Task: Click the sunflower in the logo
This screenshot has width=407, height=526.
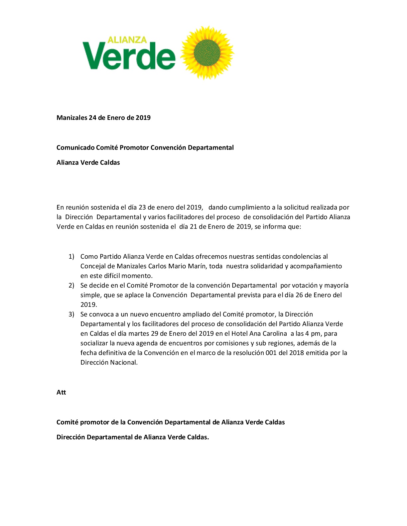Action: click(207, 53)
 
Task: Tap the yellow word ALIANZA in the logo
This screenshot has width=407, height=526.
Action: click(127, 40)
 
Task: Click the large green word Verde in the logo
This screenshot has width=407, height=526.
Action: click(129, 56)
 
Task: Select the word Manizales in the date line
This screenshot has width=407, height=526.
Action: click(71, 118)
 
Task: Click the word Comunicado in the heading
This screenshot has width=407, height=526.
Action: click(75, 147)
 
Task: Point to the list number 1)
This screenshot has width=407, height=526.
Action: click(71, 256)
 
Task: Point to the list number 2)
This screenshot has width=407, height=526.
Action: click(71, 285)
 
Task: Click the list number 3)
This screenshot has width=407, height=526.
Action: click(71, 314)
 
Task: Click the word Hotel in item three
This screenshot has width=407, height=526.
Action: click(239, 333)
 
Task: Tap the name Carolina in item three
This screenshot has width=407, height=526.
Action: click(275, 333)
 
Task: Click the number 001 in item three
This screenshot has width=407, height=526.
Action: click(271, 353)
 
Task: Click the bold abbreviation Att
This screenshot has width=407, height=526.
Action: click(61, 392)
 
